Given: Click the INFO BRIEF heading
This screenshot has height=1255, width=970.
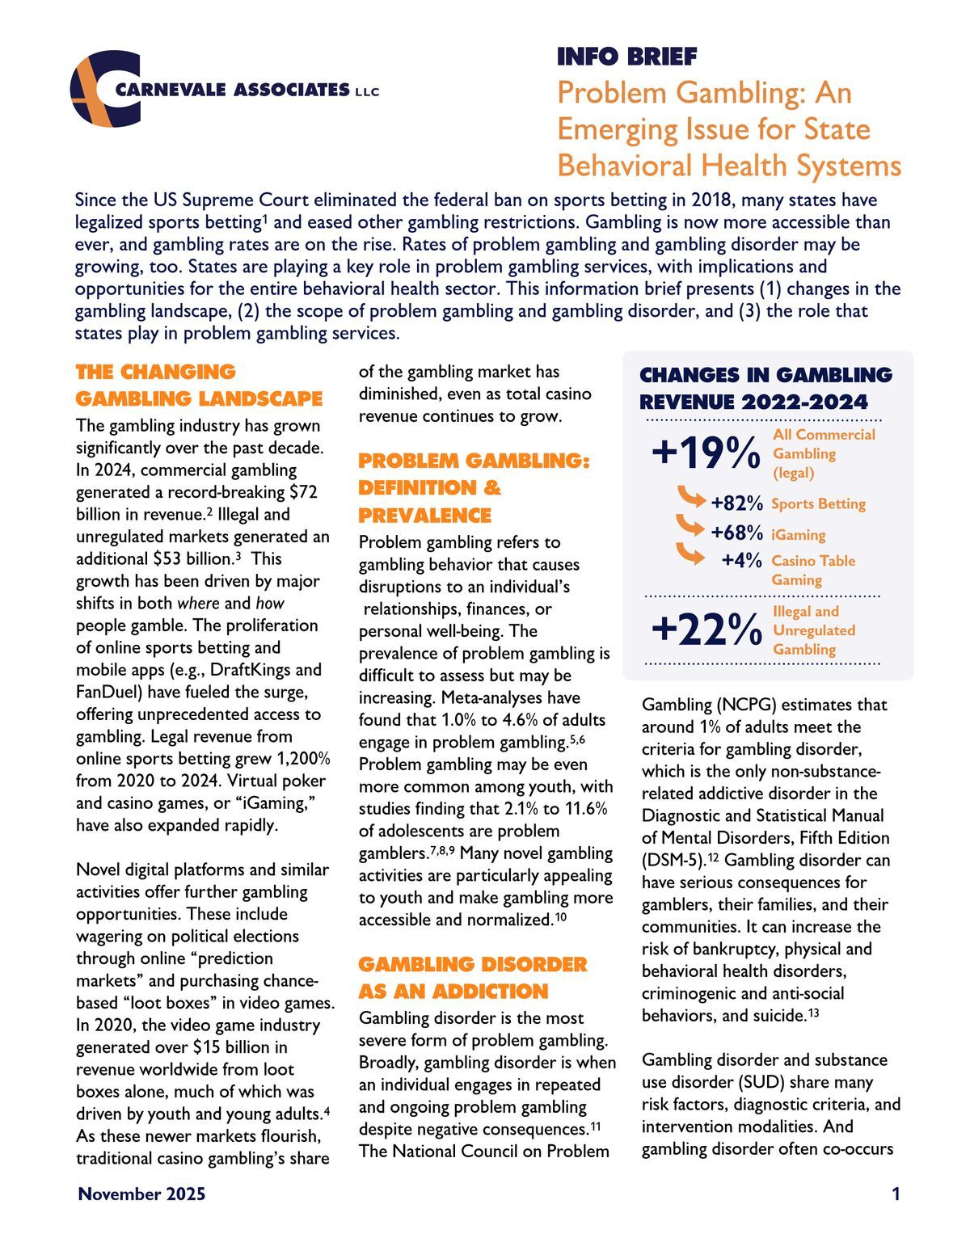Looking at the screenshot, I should tap(626, 57).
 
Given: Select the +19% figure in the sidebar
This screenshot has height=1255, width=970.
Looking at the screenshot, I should tap(706, 453).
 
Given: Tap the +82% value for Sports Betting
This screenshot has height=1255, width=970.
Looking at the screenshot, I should tap(736, 503).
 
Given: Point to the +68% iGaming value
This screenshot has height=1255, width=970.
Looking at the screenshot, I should tap(736, 533).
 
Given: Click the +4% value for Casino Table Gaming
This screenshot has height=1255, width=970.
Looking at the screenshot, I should tap(742, 560).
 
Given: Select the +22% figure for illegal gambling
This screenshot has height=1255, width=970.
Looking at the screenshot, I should tap(706, 630).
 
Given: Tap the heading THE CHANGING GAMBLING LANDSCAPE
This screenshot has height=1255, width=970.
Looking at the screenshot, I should tap(198, 385).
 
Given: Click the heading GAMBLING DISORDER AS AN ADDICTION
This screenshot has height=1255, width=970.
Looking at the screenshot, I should tap(472, 977).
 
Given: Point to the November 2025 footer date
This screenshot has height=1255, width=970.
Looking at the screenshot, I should tap(141, 1194).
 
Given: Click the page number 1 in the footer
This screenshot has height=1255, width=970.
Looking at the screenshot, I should tap(896, 1194).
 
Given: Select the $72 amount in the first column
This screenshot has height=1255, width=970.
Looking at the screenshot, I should tap(302, 492).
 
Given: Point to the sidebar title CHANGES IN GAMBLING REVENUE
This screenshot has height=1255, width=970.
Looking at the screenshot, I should tap(765, 388).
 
